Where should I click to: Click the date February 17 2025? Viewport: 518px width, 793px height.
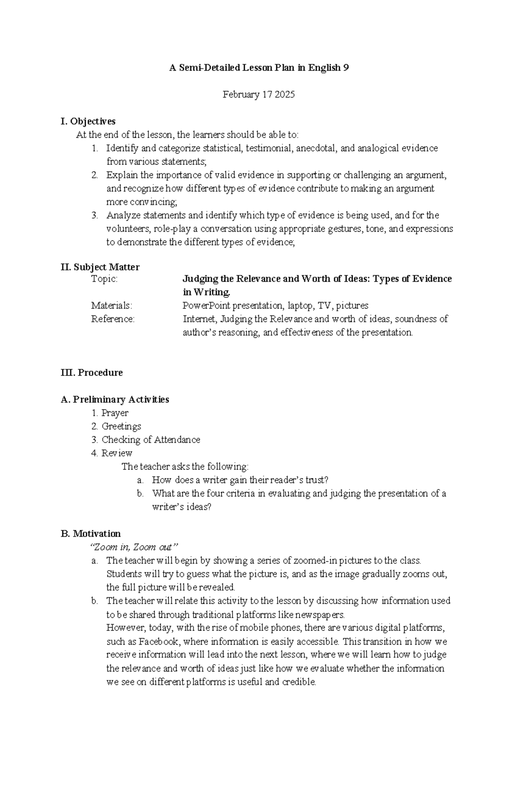pos(259,95)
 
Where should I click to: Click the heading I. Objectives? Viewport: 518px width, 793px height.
pos(88,121)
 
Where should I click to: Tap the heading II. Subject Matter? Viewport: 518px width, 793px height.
pos(100,267)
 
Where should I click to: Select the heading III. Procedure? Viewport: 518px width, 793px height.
pos(92,373)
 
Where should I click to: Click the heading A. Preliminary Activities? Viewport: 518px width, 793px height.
pos(115,399)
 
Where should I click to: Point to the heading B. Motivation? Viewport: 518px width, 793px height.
pos(91,534)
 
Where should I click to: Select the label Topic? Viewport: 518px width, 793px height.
pos(104,279)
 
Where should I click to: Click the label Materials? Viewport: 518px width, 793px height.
pos(111,306)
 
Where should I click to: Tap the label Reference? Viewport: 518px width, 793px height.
pos(113,319)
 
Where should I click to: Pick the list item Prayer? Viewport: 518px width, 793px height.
pos(115,413)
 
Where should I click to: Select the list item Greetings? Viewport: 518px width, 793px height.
pos(121,427)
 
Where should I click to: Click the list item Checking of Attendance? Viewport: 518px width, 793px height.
pos(151,440)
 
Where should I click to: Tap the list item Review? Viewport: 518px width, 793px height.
pos(117,453)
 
